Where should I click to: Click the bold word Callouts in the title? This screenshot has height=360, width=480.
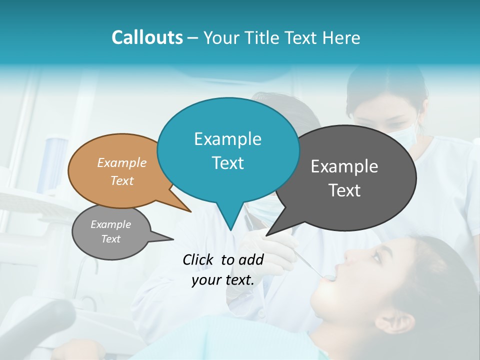pyautogui.click(x=147, y=38)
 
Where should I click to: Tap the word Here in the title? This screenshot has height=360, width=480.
pyautogui.click(x=341, y=38)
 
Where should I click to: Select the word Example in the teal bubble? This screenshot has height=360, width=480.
pyautogui.click(x=227, y=139)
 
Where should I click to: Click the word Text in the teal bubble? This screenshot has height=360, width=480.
pyautogui.click(x=227, y=163)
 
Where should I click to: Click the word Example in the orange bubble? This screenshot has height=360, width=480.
pyautogui.click(x=122, y=162)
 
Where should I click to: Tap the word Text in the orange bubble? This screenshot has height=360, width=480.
pyautogui.click(x=122, y=180)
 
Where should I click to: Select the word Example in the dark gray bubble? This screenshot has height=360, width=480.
pyautogui.click(x=344, y=166)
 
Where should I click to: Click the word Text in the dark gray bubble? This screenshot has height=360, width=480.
pyautogui.click(x=344, y=190)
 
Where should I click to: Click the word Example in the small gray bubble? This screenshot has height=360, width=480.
pyautogui.click(x=111, y=224)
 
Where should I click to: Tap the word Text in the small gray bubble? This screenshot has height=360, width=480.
pyautogui.click(x=111, y=239)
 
